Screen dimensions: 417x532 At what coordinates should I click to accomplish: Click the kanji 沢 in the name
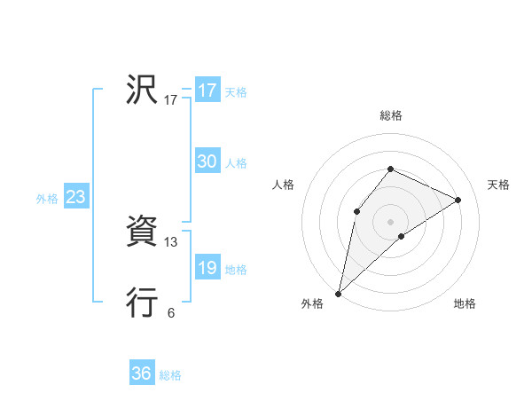click(142, 90)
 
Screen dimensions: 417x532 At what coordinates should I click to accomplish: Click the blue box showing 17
click(207, 90)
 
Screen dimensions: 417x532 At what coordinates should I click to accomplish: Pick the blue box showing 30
click(207, 161)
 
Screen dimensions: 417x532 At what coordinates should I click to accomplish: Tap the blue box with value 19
click(207, 268)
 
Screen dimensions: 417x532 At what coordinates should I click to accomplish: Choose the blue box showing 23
click(75, 197)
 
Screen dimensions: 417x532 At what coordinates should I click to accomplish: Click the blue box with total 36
click(142, 374)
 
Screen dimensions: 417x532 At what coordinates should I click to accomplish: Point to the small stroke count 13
click(171, 241)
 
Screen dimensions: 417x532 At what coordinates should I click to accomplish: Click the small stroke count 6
click(171, 312)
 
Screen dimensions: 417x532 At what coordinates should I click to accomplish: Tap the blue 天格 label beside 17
click(236, 92)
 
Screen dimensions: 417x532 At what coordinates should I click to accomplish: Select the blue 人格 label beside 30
click(236, 163)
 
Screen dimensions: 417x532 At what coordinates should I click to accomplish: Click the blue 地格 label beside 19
click(236, 270)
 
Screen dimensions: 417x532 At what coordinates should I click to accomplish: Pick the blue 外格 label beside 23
click(47, 199)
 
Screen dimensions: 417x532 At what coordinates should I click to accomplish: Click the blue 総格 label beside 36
click(170, 375)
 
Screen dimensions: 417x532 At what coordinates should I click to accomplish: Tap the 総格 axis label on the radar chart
click(391, 115)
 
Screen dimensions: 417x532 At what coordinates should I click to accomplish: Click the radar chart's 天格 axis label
click(499, 185)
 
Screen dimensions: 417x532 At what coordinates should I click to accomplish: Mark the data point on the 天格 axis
click(458, 200)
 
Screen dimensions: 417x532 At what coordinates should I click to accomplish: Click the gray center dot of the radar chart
click(390, 221)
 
